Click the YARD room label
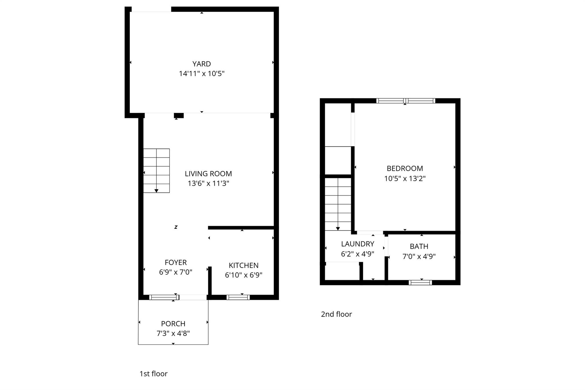[x=201, y=64]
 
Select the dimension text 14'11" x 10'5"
[x=201, y=74]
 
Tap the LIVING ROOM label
[x=208, y=174]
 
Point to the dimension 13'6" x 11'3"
[x=208, y=183]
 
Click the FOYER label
[x=176, y=262]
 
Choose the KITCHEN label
[x=243, y=265]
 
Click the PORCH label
[x=173, y=324]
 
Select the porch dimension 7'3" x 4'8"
[x=173, y=333]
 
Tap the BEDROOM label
[x=405, y=169]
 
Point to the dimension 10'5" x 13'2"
[x=405, y=179]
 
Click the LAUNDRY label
[x=357, y=244]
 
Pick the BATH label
[x=419, y=246]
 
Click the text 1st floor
[x=153, y=374]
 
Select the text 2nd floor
[x=336, y=314]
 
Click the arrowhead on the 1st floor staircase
[x=156, y=191]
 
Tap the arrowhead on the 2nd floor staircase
[x=338, y=229]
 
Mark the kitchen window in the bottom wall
[x=238, y=297]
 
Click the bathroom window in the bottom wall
[x=420, y=283]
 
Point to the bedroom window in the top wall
[x=406, y=101]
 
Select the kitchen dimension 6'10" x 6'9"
[x=243, y=275]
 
